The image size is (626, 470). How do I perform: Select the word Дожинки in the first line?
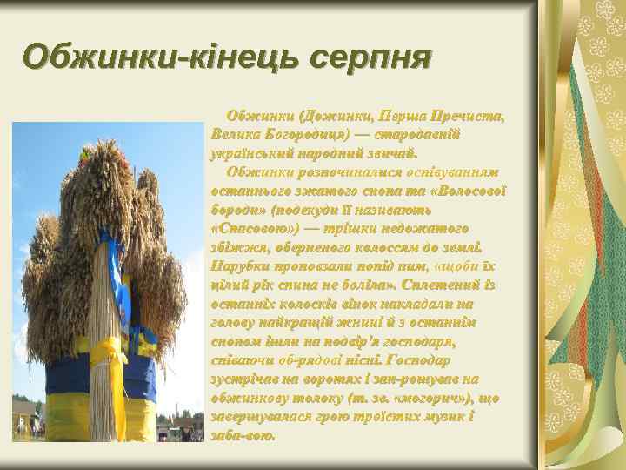pyautogui.click(x=336, y=116)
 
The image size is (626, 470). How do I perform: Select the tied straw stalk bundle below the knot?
pyautogui.click(x=110, y=405)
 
